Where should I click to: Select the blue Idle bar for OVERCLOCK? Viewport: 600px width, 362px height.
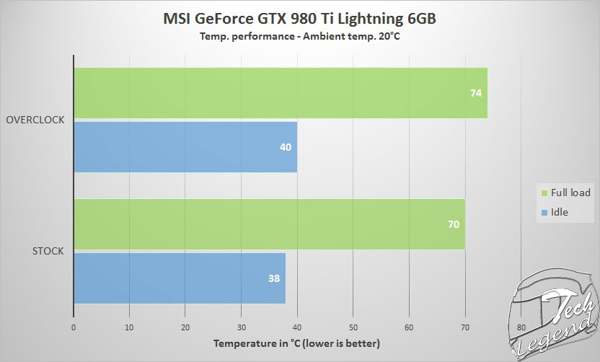click(185, 147)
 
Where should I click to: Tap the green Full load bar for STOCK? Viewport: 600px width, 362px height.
click(269, 224)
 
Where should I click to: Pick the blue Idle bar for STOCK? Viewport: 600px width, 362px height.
click(180, 278)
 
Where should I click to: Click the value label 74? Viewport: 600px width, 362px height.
click(475, 93)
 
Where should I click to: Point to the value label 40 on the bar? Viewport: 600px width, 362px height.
click(285, 147)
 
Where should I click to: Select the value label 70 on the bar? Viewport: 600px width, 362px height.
click(453, 224)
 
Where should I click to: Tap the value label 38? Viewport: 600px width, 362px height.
click(273, 278)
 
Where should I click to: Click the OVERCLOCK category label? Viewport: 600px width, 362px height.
click(35, 120)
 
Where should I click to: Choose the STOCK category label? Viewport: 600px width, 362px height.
click(49, 251)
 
